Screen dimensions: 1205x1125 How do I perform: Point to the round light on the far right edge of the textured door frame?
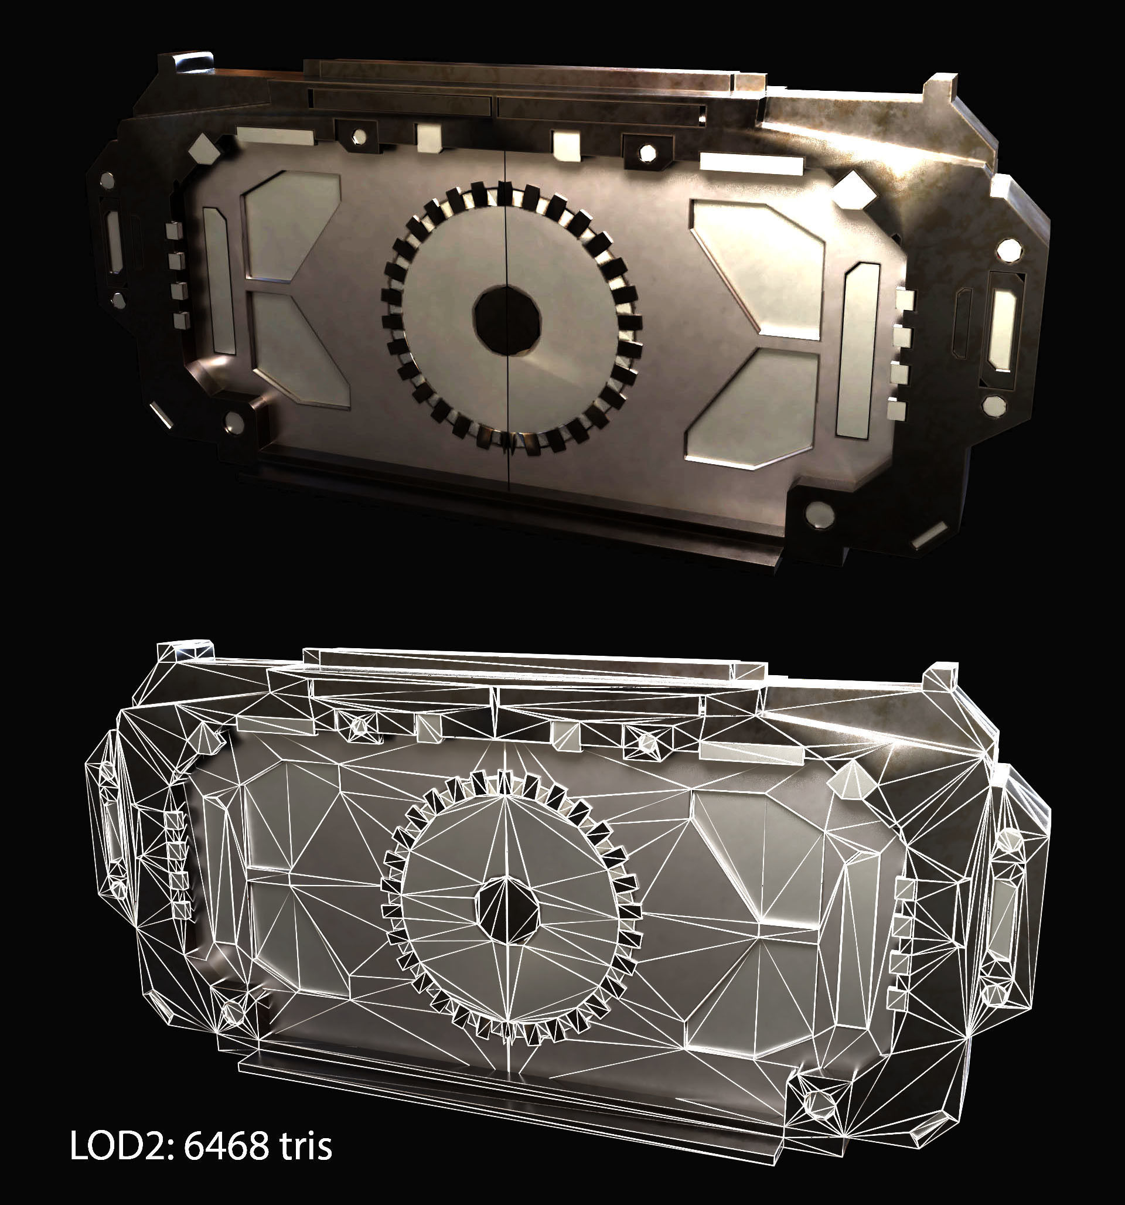(1008, 249)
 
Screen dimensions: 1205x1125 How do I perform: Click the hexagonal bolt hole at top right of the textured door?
(647, 151)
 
